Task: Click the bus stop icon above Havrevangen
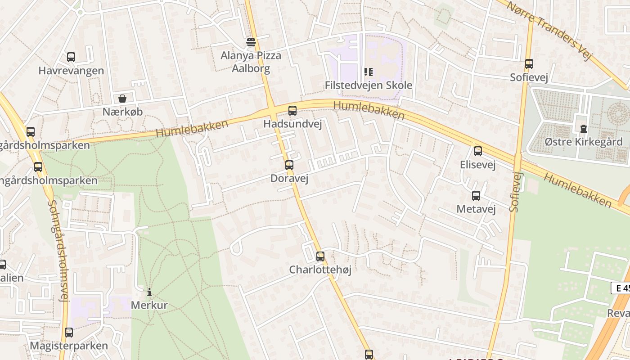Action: [71, 57]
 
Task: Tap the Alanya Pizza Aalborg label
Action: [251, 62]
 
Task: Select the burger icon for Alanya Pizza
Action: [251, 42]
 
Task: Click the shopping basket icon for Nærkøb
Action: [122, 99]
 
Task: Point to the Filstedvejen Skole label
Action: [368, 85]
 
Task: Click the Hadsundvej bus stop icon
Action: [292, 110]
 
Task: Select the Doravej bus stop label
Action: [289, 179]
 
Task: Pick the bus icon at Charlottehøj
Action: [320, 256]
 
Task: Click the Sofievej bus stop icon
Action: [529, 64]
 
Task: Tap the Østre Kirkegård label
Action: [583, 142]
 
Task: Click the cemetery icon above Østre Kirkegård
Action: [584, 129]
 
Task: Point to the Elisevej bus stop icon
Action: [478, 151]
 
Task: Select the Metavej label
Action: [476, 209]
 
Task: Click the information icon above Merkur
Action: [149, 292]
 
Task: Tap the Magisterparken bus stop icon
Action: [69, 333]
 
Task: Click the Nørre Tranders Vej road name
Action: [549, 29]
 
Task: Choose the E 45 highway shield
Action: [621, 288]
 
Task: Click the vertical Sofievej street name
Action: [516, 192]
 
